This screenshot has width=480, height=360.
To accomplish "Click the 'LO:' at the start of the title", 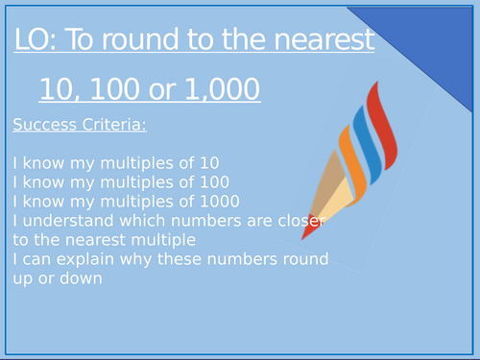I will [36, 41].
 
